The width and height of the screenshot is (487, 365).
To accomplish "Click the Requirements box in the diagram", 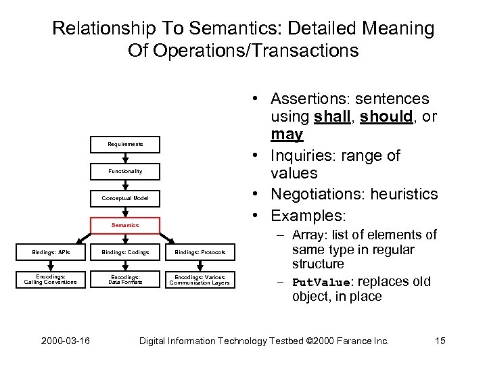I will coord(125,144).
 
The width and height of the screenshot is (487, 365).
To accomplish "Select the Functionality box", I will coord(125,171).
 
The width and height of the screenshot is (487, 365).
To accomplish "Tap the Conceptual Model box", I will coord(125,198).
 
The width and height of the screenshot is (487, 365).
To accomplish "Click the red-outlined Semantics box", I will coord(125,225).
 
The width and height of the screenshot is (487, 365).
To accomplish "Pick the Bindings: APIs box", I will coord(51,253).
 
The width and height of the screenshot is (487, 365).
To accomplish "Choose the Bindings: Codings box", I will coord(125,253).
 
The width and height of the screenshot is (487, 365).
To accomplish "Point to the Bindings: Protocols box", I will coord(200,253).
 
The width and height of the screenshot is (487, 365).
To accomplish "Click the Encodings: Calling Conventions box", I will coord(51,279).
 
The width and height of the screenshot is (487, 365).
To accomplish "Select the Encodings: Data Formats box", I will coord(125,279).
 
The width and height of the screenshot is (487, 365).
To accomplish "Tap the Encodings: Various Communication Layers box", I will coord(200,279).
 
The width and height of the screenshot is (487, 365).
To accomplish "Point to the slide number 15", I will coord(440,341).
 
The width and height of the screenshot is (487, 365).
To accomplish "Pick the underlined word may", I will coord(287,135).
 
